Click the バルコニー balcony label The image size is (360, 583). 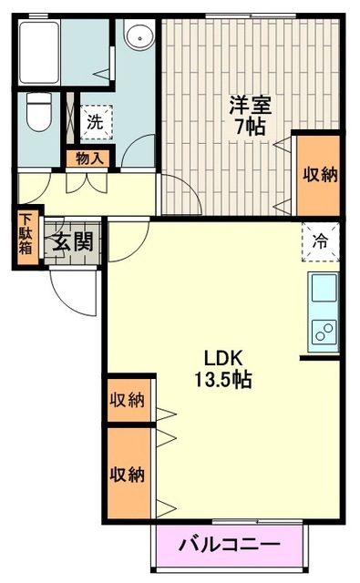[229, 547]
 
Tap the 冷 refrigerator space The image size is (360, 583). [321, 241]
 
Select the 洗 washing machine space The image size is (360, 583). [95, 119]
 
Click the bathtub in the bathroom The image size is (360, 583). [39, 52]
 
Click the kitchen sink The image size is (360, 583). [324, 291]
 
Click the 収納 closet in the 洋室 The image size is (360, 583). [319, 173]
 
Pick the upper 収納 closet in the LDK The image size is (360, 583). [129, 399]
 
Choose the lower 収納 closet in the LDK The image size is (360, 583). [129, 474]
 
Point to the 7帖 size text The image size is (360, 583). [249, 128]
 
